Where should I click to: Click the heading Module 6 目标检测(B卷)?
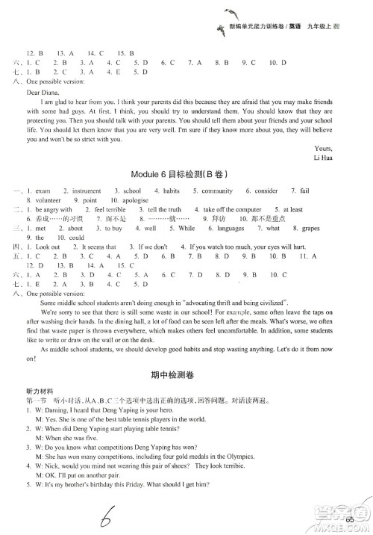coord(186,193)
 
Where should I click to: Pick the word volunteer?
coord(40,222)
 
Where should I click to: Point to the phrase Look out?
coord(46,267)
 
